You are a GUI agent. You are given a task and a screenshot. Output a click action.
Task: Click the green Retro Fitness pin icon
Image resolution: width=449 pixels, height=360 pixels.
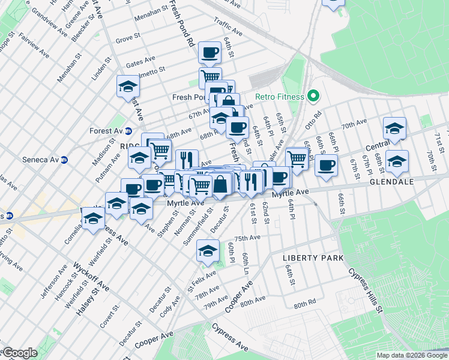tap(312, 96)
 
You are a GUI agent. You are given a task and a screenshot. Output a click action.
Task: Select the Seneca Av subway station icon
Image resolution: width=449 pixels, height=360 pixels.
tap(64, 160)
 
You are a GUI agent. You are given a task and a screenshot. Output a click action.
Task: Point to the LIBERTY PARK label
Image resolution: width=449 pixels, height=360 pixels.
tap(313, 258)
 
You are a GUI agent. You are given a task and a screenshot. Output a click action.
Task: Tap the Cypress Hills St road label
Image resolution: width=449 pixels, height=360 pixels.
tap(364, 291)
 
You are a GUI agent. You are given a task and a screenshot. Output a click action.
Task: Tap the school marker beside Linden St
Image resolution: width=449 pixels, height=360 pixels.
tap(128, 86)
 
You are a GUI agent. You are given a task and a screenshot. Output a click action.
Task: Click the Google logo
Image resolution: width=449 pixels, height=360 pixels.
tap(19, 353)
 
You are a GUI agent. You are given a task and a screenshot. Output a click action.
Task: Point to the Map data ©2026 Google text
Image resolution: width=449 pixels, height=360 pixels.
tap(410, 355)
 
